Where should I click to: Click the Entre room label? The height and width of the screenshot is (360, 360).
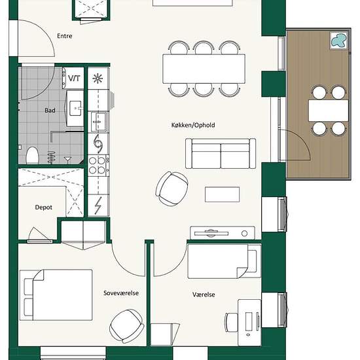coord(65,36)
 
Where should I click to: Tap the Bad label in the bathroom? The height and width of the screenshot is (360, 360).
coord(50,111)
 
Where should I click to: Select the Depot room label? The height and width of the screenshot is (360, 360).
coord(43,207)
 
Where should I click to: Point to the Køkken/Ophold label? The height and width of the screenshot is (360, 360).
coord(193,125)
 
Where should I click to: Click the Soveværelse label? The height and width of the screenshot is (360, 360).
coord(121,293)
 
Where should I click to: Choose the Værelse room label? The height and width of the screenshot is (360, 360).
coord(204,295)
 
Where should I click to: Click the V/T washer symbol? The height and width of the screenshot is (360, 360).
coord(74,79)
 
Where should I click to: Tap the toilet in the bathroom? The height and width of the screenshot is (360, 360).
coord(32,155)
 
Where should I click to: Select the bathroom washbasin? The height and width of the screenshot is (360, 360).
coord(75,109)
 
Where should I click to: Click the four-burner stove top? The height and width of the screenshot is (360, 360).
coord(98,166)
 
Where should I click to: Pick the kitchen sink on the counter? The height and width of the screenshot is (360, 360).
coord(98,122)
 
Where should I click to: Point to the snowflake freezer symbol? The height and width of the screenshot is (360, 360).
coord(98,79)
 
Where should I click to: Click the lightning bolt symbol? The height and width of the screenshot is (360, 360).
coord(98,206)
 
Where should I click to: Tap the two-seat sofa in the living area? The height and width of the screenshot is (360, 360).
coord(221,153)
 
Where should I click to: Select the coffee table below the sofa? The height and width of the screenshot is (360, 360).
coord(223,194)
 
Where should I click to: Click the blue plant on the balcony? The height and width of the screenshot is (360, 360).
coord(338,41)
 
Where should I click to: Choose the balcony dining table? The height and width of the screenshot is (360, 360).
coord(329,111)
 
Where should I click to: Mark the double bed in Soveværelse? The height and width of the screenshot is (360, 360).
coord(56,295)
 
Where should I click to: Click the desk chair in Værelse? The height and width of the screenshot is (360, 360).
coord(231,322)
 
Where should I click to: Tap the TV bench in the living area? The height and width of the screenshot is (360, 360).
coord(223,233)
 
